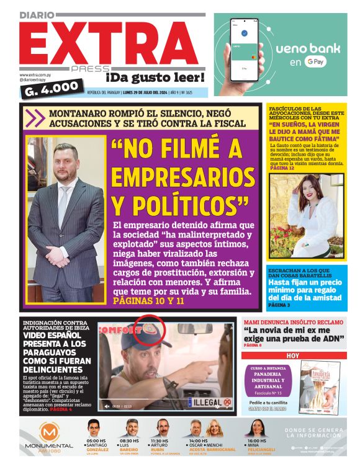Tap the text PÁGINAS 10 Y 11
(x=149, y=301)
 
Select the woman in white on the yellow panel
(x=304, y=214)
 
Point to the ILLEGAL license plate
(x=208, y=403)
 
